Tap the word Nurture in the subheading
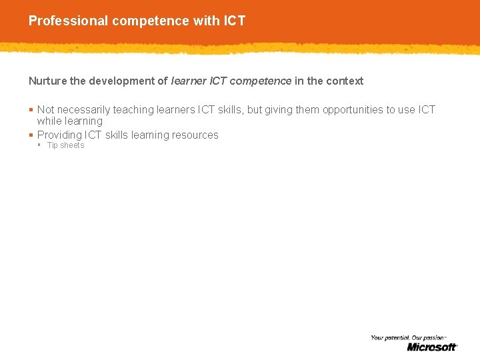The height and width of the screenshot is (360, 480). (47, 81)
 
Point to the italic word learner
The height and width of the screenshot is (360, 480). (189, 81)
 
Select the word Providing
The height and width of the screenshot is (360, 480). (59, 135)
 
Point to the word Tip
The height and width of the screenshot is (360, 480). (53, 145)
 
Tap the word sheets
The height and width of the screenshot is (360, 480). (73, 145)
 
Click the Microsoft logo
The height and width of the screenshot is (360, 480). (432, 347)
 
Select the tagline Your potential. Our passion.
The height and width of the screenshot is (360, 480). (407, 338)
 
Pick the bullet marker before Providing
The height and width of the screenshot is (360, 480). (31, 135)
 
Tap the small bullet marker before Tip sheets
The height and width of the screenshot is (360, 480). (39, 145)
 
